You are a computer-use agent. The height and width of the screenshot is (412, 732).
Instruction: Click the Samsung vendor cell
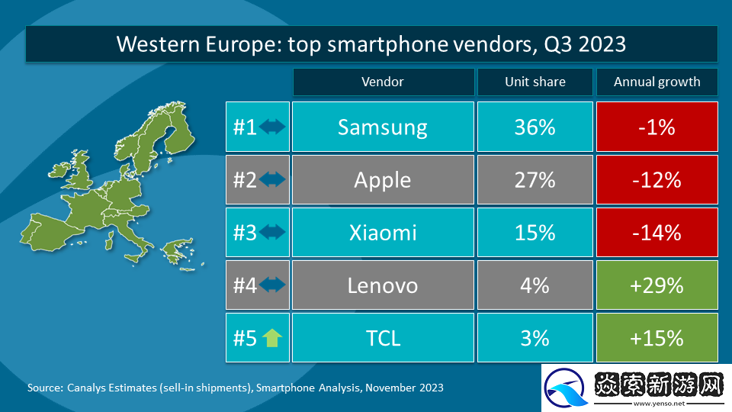383,127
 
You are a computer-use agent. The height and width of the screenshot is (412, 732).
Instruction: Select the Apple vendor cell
383,179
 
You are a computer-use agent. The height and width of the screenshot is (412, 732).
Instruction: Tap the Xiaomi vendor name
383,232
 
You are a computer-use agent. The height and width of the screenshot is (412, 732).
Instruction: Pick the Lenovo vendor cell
383,285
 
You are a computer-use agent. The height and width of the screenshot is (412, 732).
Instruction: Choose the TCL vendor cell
383,337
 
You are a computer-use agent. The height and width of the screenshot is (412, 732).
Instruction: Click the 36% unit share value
535,127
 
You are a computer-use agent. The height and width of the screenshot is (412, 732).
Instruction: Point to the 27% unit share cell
535,179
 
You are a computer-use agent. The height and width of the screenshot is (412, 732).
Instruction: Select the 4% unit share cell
535,285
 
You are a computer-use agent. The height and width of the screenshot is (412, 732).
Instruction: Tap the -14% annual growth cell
657,232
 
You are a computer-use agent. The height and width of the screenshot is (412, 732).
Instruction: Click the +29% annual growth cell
657,285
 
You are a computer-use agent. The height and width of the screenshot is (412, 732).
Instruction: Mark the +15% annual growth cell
657,337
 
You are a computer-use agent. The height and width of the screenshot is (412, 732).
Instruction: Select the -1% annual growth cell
657,127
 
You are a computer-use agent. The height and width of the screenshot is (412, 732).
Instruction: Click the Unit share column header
535,82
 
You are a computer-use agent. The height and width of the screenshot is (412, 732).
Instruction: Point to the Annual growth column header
657,82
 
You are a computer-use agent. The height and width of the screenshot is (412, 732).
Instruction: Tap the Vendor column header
383,82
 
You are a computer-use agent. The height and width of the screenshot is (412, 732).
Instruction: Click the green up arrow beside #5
272,337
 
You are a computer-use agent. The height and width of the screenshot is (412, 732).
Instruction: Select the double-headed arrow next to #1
272,127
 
